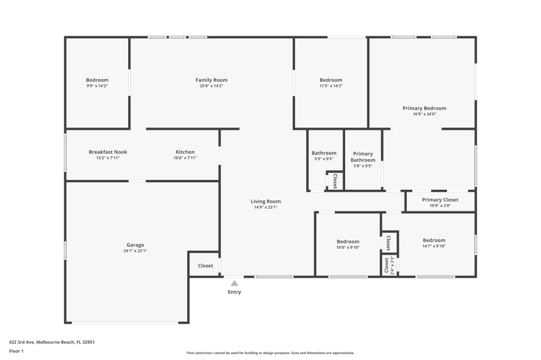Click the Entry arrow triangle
(x=234, y=283)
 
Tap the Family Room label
(x=212, y=80)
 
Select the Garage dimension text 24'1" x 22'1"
(x=135, y=251)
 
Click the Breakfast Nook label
(x=108, y=152)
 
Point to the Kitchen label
(x=185, y=152)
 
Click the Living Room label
(x=266, y=202)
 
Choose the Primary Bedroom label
(x=424, y=108)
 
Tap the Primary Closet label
(x=440, y=199)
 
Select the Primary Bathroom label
(x=363, y=157)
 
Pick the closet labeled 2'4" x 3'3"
(x=389, y=265)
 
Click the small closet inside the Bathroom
(x=335, y=181)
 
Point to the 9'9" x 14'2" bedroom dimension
(x=97, y=86)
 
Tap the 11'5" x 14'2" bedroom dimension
(x=331, y=86)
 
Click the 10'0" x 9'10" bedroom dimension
(x=348, y=247)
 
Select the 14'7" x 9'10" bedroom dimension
(x=434, y=246)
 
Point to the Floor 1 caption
(x=16, y=351)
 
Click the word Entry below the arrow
(x=234, y=292)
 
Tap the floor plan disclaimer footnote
(x=270, y=353)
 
